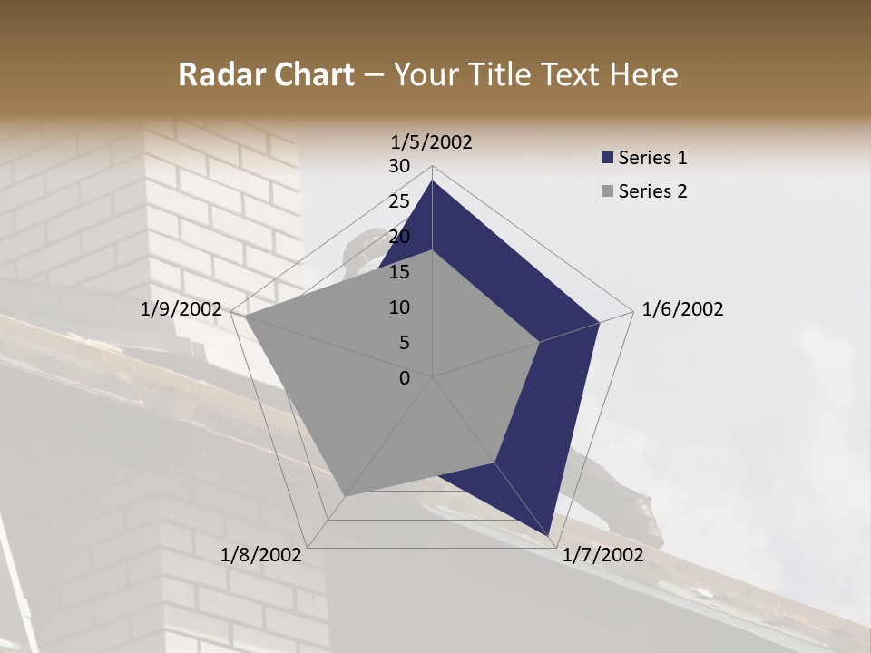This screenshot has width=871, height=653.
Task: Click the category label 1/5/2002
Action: click(432, 141)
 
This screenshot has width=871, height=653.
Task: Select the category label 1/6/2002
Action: click(682, 309)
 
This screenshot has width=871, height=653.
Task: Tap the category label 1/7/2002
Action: click(602, 554)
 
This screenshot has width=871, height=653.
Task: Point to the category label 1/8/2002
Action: click(260, 554)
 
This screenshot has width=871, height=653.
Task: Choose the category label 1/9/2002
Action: click(181, 309)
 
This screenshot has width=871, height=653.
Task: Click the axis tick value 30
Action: click(399, 166)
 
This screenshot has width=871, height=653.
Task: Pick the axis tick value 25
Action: click(399, 201)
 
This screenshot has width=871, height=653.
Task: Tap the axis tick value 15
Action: click(399, 272)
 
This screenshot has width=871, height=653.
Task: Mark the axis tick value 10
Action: click(399, 307)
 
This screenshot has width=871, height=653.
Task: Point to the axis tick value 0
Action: click(405, 378)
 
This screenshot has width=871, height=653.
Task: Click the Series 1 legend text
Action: click(652, 158)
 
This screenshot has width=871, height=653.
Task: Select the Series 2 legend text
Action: click(652, 191)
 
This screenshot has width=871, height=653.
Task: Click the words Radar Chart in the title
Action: click(266, 75)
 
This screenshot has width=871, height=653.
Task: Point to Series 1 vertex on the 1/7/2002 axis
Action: click(547, 535)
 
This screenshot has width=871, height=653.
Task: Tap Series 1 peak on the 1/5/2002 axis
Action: click(432, 181)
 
